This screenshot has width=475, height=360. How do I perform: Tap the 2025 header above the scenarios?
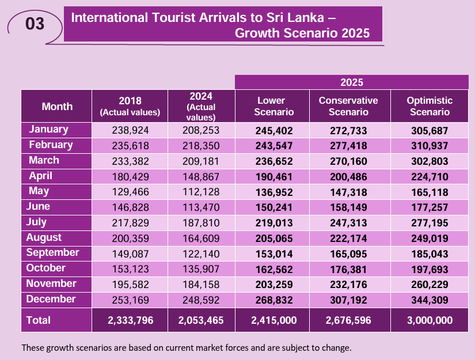pyautogui.click(x=351, y=82)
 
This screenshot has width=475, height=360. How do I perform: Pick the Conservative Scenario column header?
pyautogui.click(x=348, y=106)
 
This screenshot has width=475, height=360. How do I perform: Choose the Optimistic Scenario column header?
pyautogui.click(x=430, y=106)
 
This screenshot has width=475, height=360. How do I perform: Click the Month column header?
pyautogui.click(x=57, y=106)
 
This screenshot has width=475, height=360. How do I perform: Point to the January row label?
pyautogui.click(x=49, y=130)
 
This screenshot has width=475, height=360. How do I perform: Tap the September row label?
pyautogui.click(x=52, y=252)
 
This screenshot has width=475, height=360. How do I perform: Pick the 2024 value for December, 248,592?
pyautogui.click(x=202, y=300)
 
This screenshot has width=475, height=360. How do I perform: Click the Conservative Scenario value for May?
pyautogui.click(x=348, y=192)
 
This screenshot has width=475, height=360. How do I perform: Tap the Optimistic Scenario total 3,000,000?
pyautogui.click(x=430, y=321)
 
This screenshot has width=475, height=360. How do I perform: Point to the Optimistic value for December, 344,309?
pyautogui.click(x=430, y=300)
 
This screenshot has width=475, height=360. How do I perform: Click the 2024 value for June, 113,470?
pyautogui.click(x=202, y=207)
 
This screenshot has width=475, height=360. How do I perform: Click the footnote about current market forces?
pyautogui.click(x=186, y=348)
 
